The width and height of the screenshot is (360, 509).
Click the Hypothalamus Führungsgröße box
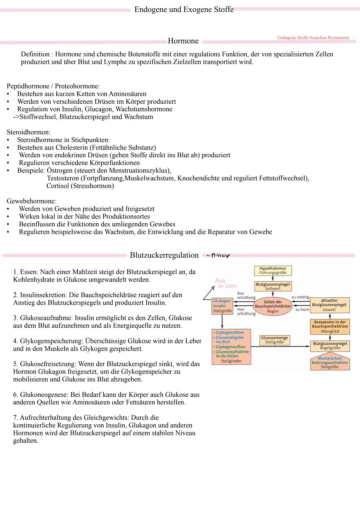click(273, 270)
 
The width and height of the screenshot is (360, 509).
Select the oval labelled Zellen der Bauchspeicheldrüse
click(273, 306)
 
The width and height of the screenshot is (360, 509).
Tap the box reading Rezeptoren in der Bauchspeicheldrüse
click(330, 327)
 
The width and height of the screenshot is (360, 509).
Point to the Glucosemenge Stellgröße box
click(274, 340)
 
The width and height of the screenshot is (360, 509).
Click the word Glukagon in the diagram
click(222, 301)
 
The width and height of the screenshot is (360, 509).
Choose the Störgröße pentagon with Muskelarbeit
click(330, 363)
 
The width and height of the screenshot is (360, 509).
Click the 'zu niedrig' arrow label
click(300, 297)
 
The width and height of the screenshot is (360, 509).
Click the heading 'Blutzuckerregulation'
click(164, 255)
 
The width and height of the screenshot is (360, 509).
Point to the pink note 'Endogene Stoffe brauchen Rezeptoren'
click(313, 38)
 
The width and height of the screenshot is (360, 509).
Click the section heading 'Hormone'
click(183, 41)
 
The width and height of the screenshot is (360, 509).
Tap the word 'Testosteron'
click(63, 178)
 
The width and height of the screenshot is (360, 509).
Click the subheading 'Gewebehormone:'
click(31, 201)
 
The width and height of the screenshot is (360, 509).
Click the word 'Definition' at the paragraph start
click(35, 54)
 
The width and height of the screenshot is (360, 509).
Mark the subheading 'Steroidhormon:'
click(28, 132)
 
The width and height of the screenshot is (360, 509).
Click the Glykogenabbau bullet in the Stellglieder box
click(230, 332)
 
